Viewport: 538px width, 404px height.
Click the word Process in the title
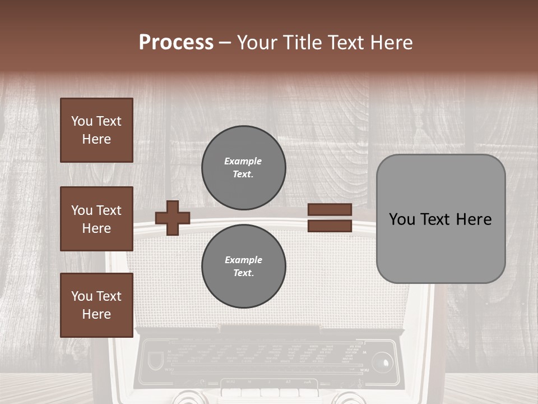176,43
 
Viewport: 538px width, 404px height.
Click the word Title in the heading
303,43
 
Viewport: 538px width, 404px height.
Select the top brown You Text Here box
96,130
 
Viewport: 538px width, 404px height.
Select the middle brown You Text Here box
96,219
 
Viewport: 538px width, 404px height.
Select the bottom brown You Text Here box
96,305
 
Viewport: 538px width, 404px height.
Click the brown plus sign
172,218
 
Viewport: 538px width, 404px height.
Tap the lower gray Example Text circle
243,266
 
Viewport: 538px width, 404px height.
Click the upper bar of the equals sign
330,210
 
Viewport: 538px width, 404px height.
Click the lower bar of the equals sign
330,226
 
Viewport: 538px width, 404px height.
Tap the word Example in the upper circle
243,161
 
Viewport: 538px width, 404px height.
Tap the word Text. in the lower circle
243,273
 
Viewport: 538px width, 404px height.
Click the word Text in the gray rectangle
437,219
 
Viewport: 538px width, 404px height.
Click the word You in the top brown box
82,121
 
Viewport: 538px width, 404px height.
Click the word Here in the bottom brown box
96,314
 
